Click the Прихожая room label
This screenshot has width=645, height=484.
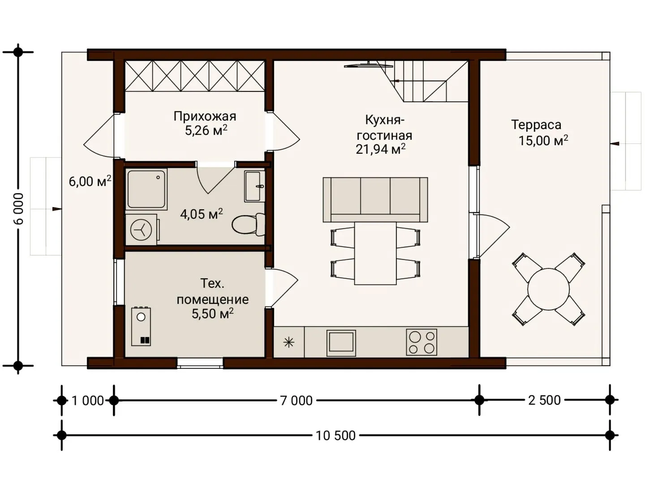click(205, 117)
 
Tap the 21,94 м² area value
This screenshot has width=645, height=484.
click(381, 149)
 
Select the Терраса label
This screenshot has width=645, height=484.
click(536, 125)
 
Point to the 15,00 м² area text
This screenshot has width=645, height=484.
click(543, 140)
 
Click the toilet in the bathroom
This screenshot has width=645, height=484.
click(249, 224)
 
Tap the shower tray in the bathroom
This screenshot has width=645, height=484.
click(146, 189)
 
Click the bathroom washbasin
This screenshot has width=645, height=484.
click(254, 186)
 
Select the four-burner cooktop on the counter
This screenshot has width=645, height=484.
click(421, 342)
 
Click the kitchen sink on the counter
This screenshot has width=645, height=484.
click(341, 343)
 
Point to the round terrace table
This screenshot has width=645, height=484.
click(548, 289)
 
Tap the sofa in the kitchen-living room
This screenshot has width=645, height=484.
click(375, 199)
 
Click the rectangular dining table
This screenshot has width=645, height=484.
click(375, 253)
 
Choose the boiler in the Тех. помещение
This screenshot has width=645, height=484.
click(141, 326)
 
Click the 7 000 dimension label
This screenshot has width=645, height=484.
click(296, 401)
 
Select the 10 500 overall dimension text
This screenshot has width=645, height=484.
click(335, 436)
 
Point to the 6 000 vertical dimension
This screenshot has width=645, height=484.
click(19, 209)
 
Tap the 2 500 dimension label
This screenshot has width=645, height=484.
click(545, 400)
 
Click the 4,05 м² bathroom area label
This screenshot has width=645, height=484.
click(201, 214)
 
